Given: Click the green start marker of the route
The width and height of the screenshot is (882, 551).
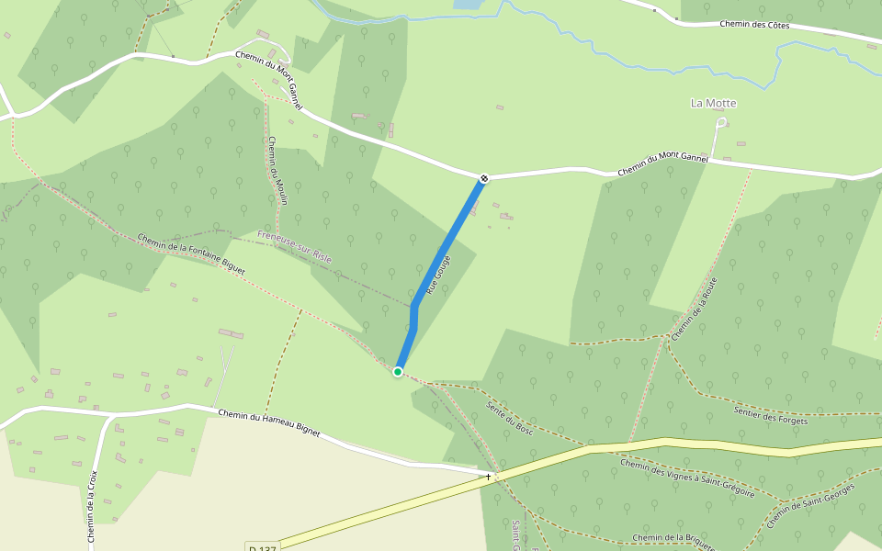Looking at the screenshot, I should tap(398, 372).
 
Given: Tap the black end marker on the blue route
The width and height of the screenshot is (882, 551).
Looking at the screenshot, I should tap(483, 178).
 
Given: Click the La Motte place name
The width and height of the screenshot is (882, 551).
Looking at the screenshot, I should tap(714, 104).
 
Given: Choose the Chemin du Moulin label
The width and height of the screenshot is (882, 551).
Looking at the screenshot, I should tap(277, 170).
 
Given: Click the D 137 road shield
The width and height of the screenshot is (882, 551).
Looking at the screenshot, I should tap(263, 548).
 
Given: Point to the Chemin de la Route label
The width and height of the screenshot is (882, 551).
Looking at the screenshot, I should tap(694, 309).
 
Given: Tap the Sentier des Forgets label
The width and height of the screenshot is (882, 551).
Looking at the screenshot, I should tap(770, 414).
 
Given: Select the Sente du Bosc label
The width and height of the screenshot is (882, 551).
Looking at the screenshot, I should tap(510, 417).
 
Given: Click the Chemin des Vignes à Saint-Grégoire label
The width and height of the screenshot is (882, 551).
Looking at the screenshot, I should tap(686, 478).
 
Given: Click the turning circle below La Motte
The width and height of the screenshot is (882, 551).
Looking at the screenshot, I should tap(722, 122).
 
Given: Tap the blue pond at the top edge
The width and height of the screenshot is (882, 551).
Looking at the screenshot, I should tap(467, 4).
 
